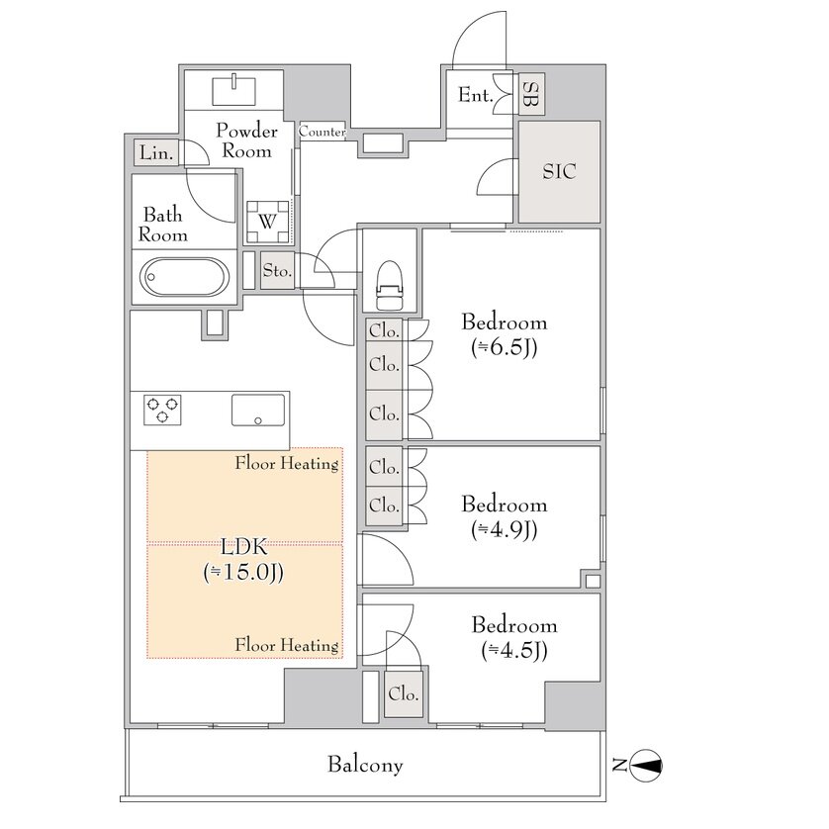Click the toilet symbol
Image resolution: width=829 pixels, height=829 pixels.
pos(389,285)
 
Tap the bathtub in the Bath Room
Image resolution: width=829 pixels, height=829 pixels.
pos(185,277)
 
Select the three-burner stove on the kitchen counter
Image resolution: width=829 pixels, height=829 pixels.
pos(162,410)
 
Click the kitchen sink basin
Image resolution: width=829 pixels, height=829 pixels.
pos(257,410)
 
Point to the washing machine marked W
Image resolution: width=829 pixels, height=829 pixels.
pos(267,222)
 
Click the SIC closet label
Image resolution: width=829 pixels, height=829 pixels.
pos(559,171)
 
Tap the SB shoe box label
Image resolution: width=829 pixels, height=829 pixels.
pos(530,94)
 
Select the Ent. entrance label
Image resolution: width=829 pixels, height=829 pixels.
pos(475,95)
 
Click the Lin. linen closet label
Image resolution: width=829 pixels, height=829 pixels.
pos(156,153)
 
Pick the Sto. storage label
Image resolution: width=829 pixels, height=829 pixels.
pos(278,270)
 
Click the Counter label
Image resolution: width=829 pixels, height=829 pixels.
pos(322,132)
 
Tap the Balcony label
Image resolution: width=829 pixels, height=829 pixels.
pos(365,765)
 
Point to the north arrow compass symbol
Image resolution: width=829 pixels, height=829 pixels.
pos(647,765)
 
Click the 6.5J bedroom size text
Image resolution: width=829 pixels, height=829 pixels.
pos(504,348)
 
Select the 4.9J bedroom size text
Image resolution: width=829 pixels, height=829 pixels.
pos(504,530)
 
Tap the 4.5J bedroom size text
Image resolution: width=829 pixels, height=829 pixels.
pos(513,651)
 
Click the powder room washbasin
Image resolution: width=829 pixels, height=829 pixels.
pos(233,91)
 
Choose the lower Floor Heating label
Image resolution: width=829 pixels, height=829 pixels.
pos(287,645)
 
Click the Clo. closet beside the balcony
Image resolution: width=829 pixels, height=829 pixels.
pos(403,693)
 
